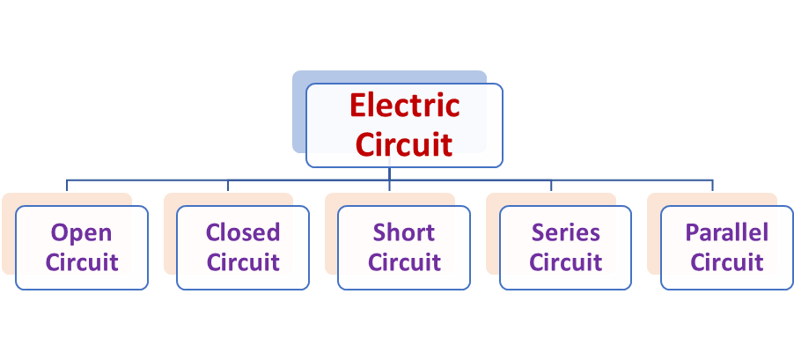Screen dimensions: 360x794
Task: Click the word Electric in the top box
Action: click(404, 106)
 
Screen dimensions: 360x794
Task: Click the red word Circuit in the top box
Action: click(404, 143)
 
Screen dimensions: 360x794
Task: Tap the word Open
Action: click(82, 233)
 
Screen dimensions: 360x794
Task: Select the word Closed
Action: click(243, 233)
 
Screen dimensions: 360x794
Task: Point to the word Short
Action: click(404, 233)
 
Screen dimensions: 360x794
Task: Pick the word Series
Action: click(565, 233)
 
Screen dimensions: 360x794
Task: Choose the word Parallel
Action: click(726, 233)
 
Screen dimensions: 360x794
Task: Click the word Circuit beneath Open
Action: click(82, 262)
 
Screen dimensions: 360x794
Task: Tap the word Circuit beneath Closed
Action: click(243, 262)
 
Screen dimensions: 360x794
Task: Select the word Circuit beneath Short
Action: click(404, 262)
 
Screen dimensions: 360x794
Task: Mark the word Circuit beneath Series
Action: click(565, 262)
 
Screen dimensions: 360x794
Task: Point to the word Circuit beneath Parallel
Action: click(726, 262)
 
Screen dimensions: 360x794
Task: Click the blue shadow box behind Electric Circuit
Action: click(298, 114)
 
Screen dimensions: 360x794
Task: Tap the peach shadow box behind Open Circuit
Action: click(8, 238)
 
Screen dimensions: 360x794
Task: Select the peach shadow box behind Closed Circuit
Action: click(169, 238)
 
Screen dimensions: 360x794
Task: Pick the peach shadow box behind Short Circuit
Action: click(330, 238)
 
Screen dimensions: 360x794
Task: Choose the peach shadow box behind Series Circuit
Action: click(491, 238)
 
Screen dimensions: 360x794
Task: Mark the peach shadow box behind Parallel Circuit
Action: click(652, 238)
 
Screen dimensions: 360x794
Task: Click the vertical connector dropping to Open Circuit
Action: click(68, 185)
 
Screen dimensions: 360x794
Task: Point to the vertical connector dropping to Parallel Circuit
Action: click(712, 185)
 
